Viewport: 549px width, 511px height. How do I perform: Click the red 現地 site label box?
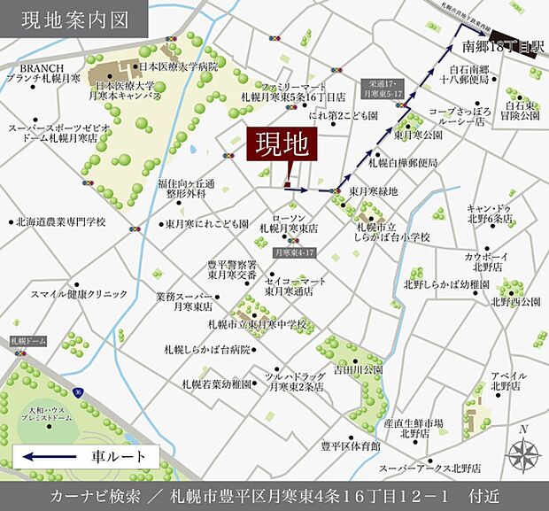(279, 145)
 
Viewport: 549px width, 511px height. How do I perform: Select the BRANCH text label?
(38, 67)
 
